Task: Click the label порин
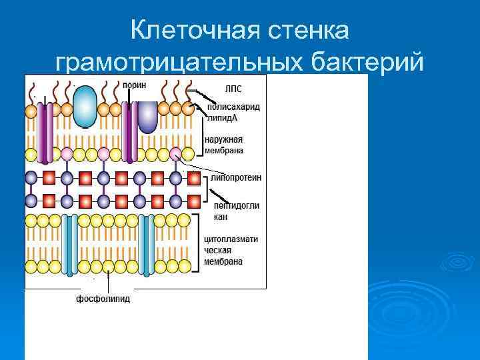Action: click(x=135, y=85)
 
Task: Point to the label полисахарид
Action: click(x=233, y=107)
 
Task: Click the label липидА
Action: click(x=222, y=117)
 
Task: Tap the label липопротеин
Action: click(x=235, y=178)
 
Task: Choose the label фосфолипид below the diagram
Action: click(x=103, y=299)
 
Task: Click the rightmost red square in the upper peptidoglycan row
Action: click(x=193, y=178)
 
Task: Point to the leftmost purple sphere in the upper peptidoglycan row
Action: click(x=31, y=178)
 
